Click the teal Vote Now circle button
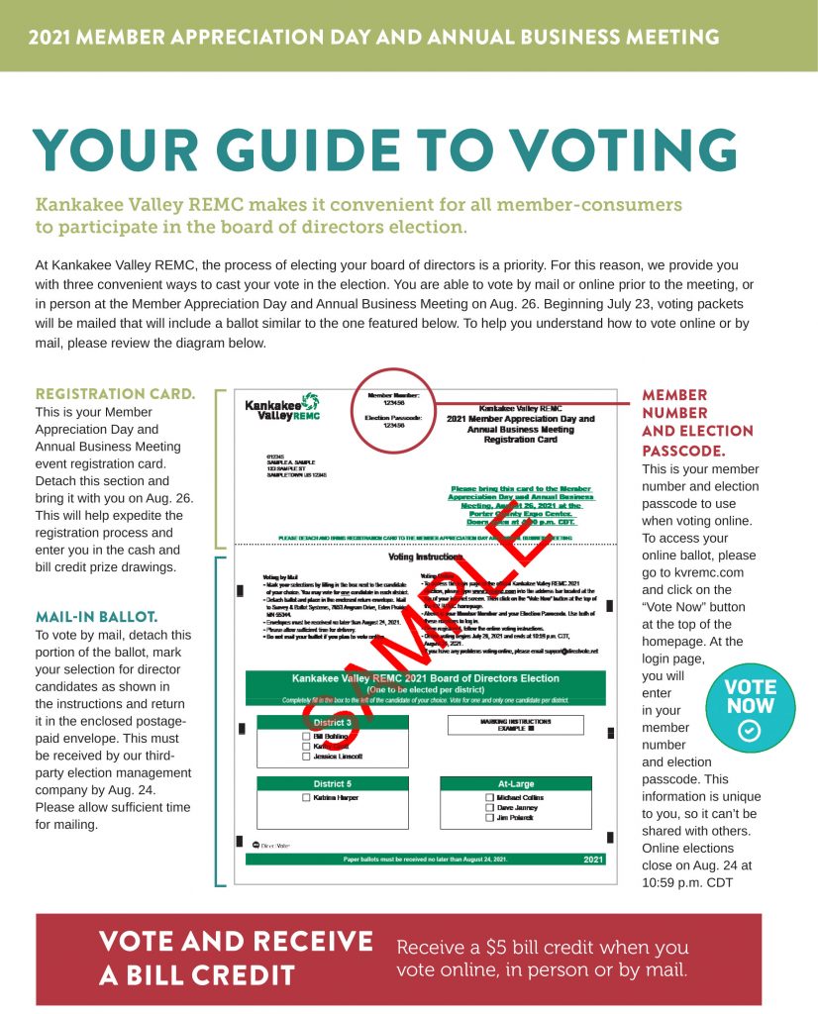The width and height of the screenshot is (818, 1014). [x=750, y=709]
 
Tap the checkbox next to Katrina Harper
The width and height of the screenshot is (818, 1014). [x=305, y=797]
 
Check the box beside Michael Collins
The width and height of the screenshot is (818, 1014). [x=489, y=797]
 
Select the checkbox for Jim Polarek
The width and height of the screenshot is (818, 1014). [x=489, y=817]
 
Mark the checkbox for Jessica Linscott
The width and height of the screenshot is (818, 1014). [x=305, y=756]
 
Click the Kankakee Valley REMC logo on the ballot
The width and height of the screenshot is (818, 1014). [x=282, y=407]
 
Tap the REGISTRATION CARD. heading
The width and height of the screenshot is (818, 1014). [x=115, y=394]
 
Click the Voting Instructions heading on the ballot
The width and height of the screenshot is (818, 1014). [x=428, y=558]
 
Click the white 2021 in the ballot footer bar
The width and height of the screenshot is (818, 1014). [x=593, y=859]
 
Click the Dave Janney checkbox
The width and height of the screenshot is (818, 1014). [x=489, y=807]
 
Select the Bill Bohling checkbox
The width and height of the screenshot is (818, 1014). [x=305, y=737]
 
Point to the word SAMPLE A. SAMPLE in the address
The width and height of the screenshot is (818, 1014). [x=276, y=463]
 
